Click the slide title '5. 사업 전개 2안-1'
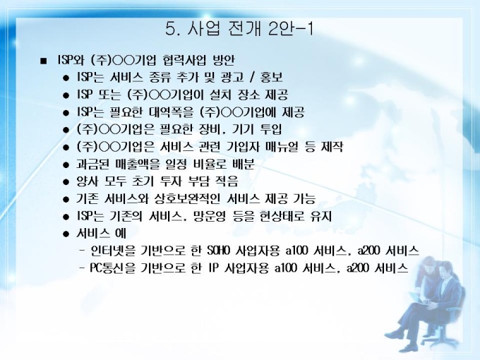[239, 29]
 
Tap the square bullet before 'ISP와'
[44, 61]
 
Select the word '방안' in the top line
[224, 60]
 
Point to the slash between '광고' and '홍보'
[252, 78]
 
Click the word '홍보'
[271, 78]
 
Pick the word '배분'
[244, 164]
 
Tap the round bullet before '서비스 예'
[66, 234]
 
